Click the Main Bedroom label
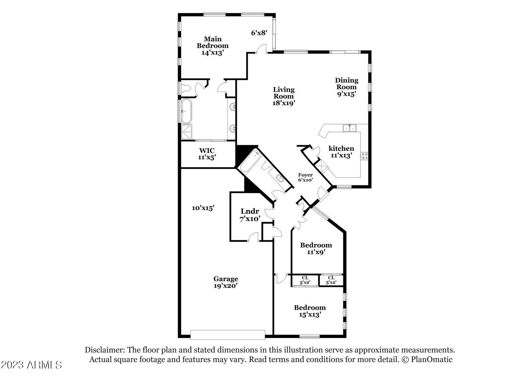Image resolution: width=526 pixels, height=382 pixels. point(212,46)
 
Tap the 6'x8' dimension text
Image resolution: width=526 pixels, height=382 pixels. point(259,33)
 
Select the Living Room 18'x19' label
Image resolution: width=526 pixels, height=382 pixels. point(284,96)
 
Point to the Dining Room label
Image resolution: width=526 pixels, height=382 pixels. point(346,87)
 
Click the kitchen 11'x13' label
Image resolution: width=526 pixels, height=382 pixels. point(341,152)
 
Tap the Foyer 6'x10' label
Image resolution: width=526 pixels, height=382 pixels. point(305,178)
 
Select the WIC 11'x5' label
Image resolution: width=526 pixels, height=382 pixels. point(207,154)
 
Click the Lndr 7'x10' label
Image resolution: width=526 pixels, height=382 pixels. point(250,215)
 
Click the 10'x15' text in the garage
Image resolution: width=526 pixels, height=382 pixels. point(203,208)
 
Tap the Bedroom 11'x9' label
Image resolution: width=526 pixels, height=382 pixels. point(316,249)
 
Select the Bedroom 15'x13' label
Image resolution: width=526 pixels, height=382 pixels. point(310,311)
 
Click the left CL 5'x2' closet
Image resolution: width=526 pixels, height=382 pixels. point(305,280)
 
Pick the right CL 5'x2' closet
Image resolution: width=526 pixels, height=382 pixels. point(331,280)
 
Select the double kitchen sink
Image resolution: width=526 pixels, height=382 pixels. point(349,128)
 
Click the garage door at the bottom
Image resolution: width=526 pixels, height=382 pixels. point(227,335)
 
